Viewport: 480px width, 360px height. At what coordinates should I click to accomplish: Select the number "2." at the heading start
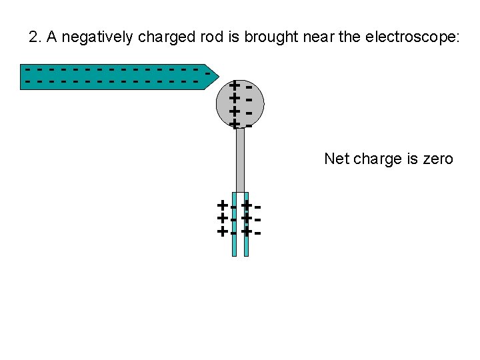coord(35,37)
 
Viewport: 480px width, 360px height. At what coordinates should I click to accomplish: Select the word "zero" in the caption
coord(437,159)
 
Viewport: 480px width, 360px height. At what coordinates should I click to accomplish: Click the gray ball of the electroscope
coord(241,104)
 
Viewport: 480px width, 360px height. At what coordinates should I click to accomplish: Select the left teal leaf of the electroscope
coord(235,227)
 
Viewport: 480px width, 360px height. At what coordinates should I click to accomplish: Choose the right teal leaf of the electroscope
coord(246,227)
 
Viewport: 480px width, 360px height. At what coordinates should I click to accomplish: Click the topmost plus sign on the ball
coord(234,85)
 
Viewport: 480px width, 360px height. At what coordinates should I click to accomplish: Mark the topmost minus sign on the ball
coord(248,86)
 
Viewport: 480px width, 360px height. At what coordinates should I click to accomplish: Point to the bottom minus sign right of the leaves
coord(257,233)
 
